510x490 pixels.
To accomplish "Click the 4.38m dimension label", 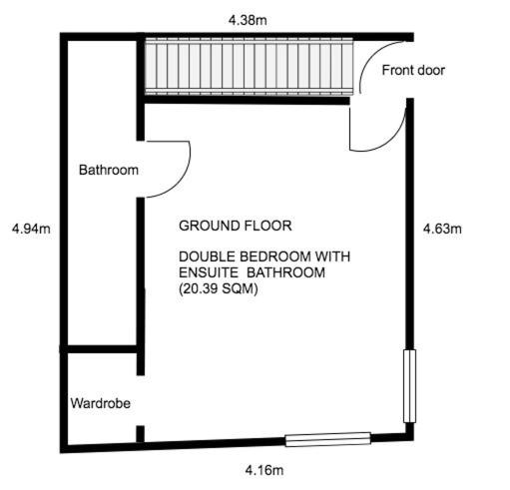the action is (248, 20).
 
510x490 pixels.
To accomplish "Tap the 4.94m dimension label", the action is (31, 229).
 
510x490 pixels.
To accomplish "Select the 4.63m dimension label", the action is (442, 229).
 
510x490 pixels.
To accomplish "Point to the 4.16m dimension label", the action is (264, 470).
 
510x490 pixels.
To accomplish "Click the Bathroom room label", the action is (109, 170).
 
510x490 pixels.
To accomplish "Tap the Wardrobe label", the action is (101, 403).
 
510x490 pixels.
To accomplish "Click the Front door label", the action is (413, 70).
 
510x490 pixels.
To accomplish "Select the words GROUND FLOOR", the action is (236, 226).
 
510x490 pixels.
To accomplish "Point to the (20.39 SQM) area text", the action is (219, 288).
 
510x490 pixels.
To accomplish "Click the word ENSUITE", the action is (209, 272).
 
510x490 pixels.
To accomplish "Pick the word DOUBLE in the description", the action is (208, 256).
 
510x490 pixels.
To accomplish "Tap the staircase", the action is (249, 66).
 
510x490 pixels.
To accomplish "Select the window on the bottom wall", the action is (328, 439).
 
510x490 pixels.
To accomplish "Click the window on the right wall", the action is (409, 386).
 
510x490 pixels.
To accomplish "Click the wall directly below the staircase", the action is (247, 100).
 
